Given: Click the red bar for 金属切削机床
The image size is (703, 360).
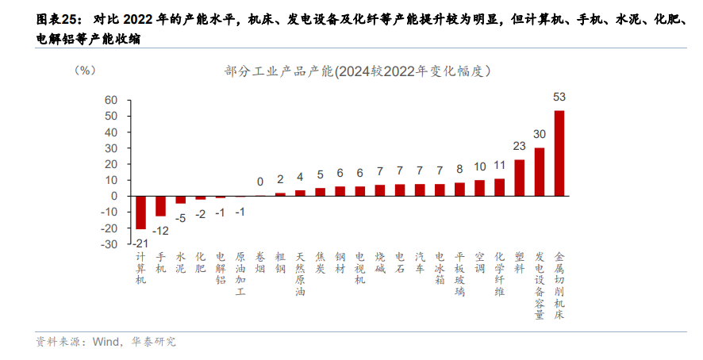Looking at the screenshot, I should pos(559,153).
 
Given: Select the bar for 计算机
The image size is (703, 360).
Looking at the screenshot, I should pos(140,213).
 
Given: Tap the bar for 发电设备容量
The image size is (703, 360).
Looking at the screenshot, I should pos(540,171).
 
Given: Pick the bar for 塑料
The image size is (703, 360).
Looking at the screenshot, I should pos(520,178).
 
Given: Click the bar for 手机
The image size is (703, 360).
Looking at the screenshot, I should pos(160,205).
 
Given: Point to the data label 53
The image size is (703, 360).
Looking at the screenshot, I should pos(559,97).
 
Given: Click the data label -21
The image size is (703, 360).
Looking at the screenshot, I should pos(140,243).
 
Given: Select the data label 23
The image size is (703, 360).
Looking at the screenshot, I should pos(520,146).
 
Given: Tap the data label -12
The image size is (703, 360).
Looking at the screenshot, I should pos(160,230).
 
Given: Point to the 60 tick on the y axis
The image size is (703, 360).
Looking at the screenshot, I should pos(110,101).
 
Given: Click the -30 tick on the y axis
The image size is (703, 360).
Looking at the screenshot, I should pos(108,244).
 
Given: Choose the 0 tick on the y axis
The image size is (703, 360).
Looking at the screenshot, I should pos(114,196).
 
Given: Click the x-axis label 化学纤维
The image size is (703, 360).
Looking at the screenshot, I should pos(500,274).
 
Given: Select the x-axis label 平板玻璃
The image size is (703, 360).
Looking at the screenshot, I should pos(460,274).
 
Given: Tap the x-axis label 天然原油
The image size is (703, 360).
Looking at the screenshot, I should pos(300,274).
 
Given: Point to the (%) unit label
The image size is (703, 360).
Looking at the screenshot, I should pos(84,71).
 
